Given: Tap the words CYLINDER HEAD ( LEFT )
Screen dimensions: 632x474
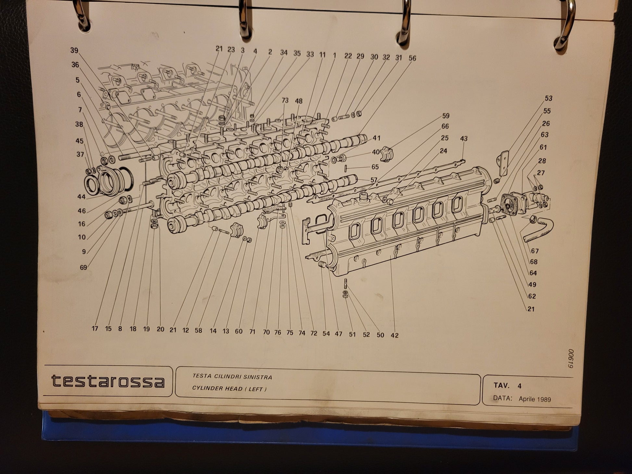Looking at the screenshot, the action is coord(229,388).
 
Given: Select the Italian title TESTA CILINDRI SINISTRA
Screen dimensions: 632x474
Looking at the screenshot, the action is coord(232,377).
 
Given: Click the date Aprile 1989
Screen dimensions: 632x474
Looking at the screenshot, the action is coord(535,399).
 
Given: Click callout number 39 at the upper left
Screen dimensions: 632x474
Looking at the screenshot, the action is coord(74,50).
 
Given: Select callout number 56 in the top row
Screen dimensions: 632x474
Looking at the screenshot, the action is coord(412,58).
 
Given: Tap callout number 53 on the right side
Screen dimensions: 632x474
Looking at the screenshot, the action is coord(549,98).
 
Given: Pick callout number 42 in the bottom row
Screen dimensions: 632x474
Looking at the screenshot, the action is coord(394,335).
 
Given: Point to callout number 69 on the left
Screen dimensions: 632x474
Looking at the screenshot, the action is coord(83,268).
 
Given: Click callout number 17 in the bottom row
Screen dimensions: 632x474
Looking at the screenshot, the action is coord(95,329).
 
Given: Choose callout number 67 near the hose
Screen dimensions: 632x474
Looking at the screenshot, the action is coord(535,251).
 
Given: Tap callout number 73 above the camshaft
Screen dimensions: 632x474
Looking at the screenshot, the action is coord(285,101).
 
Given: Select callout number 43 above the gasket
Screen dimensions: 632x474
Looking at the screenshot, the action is coord(464,139).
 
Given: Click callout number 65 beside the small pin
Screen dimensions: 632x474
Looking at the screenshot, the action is coord(375,167).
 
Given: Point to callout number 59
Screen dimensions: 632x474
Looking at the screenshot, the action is coord(446,116).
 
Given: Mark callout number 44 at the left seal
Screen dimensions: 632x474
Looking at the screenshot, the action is coord(81,197).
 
